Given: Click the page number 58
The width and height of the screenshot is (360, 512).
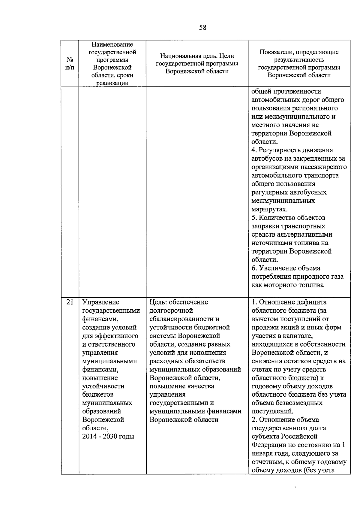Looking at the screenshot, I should pyautogui.click(x=203, y=28).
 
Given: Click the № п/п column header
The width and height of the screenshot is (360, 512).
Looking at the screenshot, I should pyautogui.click(x=70, y=63).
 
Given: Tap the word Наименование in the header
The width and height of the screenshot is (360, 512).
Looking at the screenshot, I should pyautogui.click(x=112, y=45).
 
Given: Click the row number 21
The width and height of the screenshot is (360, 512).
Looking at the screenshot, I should pyautogui.click(x=70, y=302).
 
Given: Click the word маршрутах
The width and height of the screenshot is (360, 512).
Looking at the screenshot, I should pyautogui.click(x=269, y=209).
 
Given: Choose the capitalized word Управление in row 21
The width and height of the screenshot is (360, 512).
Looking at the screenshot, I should pyautogui.click(x=101, y=302).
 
